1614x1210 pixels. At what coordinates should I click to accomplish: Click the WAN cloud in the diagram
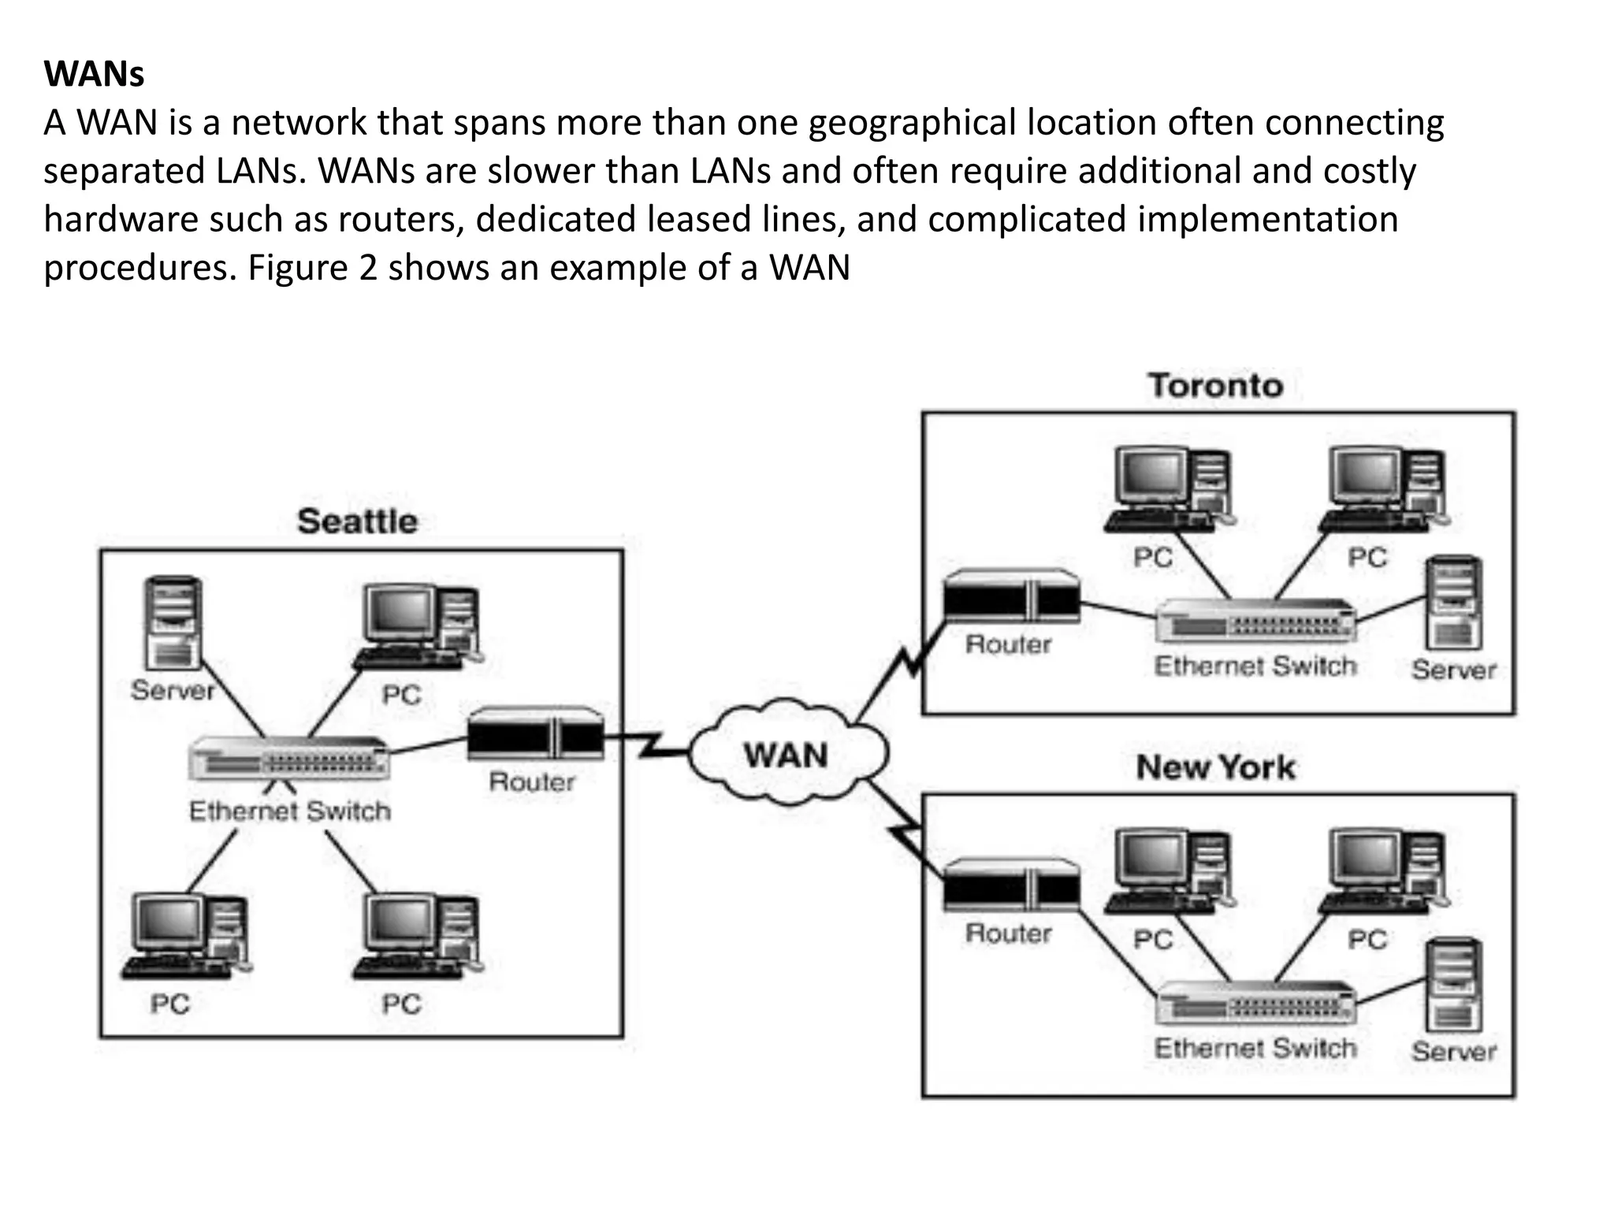point(787,754)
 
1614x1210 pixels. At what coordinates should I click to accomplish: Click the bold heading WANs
point(94,74)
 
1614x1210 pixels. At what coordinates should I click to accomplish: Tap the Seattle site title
point(357,521)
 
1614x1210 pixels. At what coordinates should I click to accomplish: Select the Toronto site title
point(1215,386)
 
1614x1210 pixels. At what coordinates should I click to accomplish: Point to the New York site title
point(1215,767)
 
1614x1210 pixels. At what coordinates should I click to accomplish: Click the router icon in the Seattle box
point(535,734)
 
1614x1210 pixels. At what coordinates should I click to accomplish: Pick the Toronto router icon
point(1011,597)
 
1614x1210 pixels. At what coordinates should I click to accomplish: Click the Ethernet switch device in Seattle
point(289,759)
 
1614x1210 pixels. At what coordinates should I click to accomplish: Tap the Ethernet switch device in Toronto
point(1256,621)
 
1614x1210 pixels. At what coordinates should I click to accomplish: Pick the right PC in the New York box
point(1384,871)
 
